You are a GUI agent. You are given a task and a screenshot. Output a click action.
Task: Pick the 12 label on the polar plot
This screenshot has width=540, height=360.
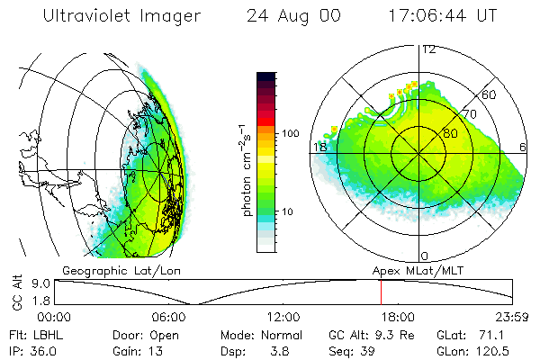[x=428, y=49]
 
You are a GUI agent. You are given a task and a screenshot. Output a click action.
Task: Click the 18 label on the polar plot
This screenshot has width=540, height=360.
[x=319, y=147]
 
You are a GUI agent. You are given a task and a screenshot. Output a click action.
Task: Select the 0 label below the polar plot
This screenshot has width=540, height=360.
[x=425, y=256]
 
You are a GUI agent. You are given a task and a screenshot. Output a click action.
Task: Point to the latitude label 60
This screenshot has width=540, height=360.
[x=490, y=94]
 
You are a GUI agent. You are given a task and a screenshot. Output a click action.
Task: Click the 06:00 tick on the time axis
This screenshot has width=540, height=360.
[x=168, y=317]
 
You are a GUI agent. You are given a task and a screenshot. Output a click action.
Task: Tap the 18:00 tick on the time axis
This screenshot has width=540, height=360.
[x=398, y=317]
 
